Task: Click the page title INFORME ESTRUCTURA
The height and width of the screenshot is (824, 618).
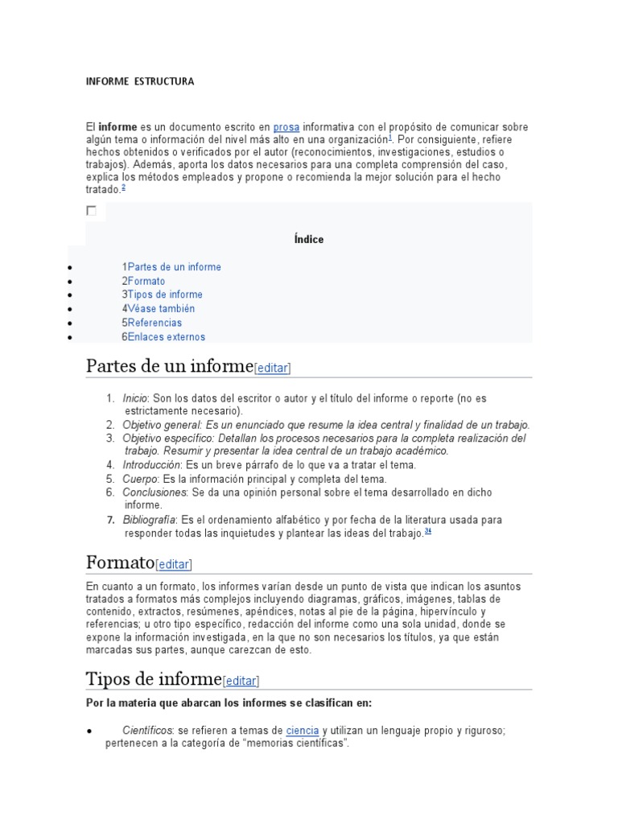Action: (140, 81)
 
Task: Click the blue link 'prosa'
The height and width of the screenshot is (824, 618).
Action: (286, 127)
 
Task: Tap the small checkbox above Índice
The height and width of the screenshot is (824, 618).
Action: (91, 211)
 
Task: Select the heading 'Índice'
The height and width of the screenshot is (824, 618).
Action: (309, 239)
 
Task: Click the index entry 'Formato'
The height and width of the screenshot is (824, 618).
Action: (146, 281)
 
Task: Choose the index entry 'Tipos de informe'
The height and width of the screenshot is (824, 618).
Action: (165, 295)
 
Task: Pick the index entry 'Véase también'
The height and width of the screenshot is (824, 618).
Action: (161, 308)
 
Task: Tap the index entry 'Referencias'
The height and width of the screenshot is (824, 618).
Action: (154, 323)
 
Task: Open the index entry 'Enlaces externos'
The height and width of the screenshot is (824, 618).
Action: (167, 336)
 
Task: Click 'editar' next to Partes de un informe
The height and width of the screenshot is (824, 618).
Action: (272, 368)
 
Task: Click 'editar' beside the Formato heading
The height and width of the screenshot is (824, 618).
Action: (174, 564)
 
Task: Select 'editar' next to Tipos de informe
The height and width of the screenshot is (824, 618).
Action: (241, 681)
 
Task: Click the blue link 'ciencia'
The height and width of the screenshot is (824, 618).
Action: (303, 730)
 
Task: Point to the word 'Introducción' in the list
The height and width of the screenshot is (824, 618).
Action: (152, 464)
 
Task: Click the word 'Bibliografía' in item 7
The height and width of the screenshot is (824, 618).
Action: (149, 520)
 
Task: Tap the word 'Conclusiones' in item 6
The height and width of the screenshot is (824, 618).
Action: (154, 492)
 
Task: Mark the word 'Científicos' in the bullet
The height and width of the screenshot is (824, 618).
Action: (147, 730)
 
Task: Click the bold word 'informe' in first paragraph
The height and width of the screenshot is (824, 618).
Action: (117, 127)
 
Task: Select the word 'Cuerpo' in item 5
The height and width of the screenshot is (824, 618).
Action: (138, 478)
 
